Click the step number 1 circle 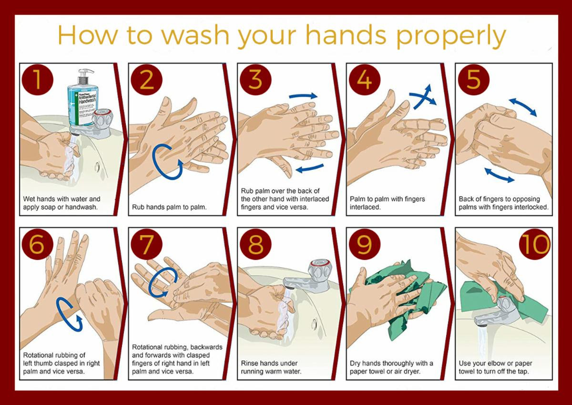click(x=38, y=80)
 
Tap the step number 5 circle click(x=474, y=80)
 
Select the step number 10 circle click(x=535, y=244)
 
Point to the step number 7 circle click(x=147, y=244)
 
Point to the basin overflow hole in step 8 click(x=314, y=324)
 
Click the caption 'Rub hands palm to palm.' click(x=169, y=207)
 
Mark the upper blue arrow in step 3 click(x=303, y=96)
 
